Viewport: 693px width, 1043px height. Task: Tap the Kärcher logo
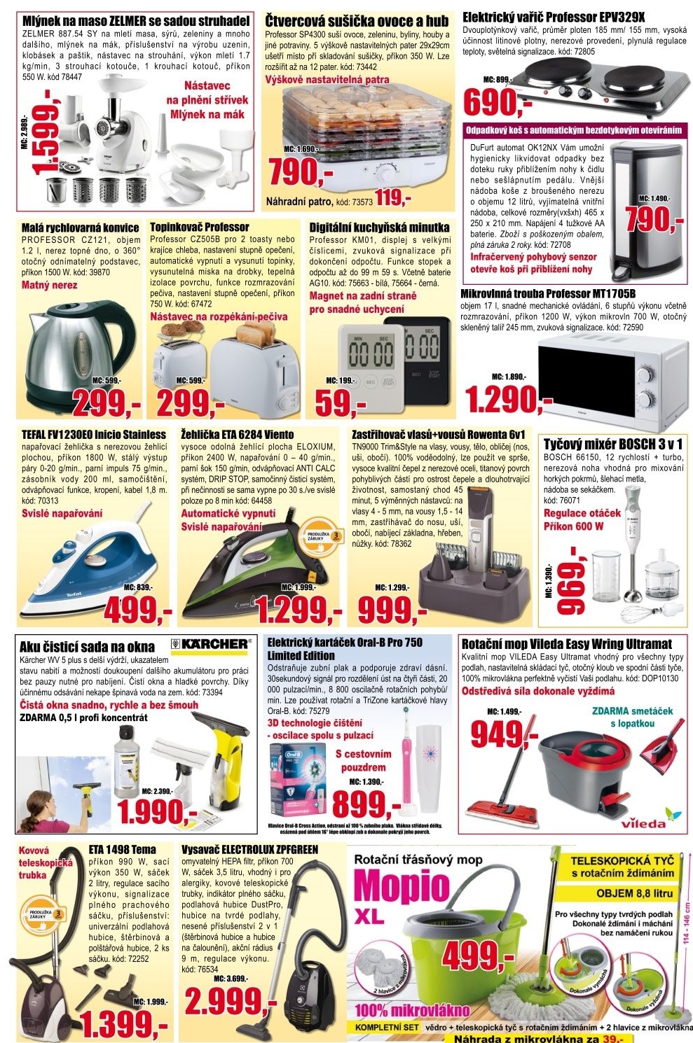tap(210, 644)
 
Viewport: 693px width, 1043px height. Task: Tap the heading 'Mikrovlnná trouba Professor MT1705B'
tap(548, 293)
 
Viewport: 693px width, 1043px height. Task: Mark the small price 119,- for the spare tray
tap(393, 199)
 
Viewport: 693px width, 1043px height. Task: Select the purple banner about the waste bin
tap(573, 130)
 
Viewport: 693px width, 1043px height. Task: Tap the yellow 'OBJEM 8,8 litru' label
tap(634, 894)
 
